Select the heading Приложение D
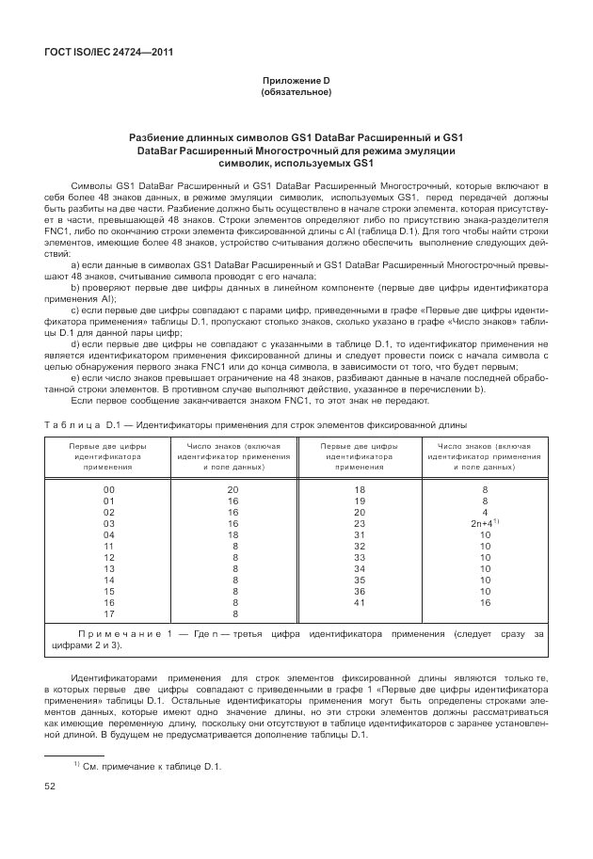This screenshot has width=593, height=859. click(296, 82)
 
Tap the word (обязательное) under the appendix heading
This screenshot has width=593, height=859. click(296, 93)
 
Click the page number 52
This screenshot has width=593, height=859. click(49, 786)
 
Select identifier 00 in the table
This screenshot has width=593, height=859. click(108, 490)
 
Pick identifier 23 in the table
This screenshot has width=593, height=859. click(359, 523)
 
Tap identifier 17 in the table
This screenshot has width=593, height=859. click(108, 613)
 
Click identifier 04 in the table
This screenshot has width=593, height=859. click(108, 534)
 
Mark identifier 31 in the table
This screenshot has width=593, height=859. click(359, 534)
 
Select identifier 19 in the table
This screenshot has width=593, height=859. click(359, 501)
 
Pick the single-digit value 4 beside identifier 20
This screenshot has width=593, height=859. click(484, 512)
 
